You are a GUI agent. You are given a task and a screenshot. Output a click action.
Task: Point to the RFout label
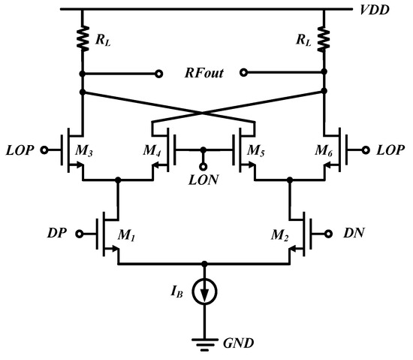tap(203, 74)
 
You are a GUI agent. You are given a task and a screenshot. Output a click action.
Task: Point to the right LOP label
tap(390, 149)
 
